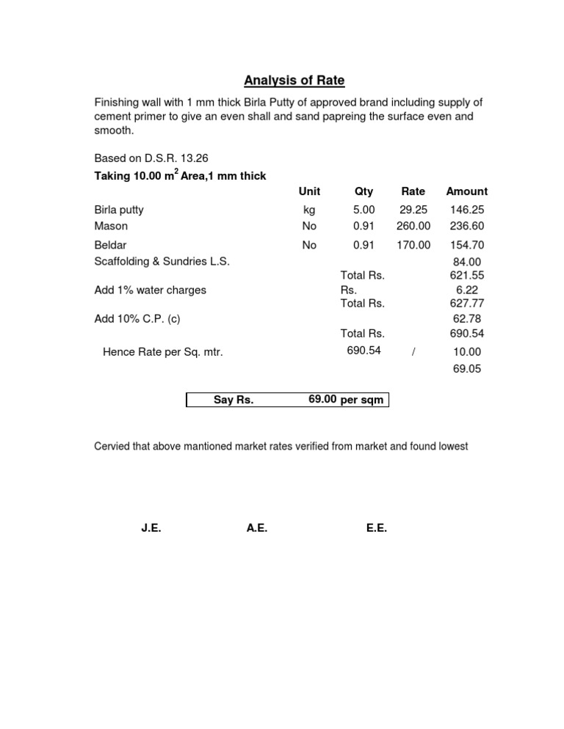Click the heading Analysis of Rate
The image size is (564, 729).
(294, 81)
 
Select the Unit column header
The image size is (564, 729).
(309, 191)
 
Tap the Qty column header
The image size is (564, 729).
(364, 191)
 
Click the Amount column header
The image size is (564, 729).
(466, 191)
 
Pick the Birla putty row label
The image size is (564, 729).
(119, 210)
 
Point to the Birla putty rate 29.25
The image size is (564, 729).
(413, 210)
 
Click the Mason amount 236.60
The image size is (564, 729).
(466, 227)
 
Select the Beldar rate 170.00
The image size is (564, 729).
(413, 245)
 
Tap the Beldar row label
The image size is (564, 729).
(110, 245)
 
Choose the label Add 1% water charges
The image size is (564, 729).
(150, 290)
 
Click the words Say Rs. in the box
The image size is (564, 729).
(234, 400)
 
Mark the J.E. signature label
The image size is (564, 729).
(151, 528)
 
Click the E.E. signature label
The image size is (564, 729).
(376, 528)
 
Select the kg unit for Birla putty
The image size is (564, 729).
(309, 210)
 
